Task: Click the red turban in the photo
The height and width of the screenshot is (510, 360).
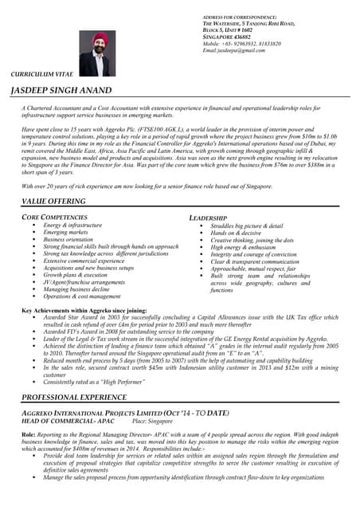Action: point(100,37)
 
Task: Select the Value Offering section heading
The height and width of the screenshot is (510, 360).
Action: point(54,202)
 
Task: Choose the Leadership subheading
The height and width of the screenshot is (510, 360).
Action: point(208,218)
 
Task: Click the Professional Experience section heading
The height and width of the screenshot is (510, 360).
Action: point(74,396)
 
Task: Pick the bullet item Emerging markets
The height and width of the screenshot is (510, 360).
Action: point(67,232)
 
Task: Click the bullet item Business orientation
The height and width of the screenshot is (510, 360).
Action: point(68,239)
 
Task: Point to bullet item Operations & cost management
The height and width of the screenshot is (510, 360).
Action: point(82,296)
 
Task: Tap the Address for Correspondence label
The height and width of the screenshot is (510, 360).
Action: point(240,17)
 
